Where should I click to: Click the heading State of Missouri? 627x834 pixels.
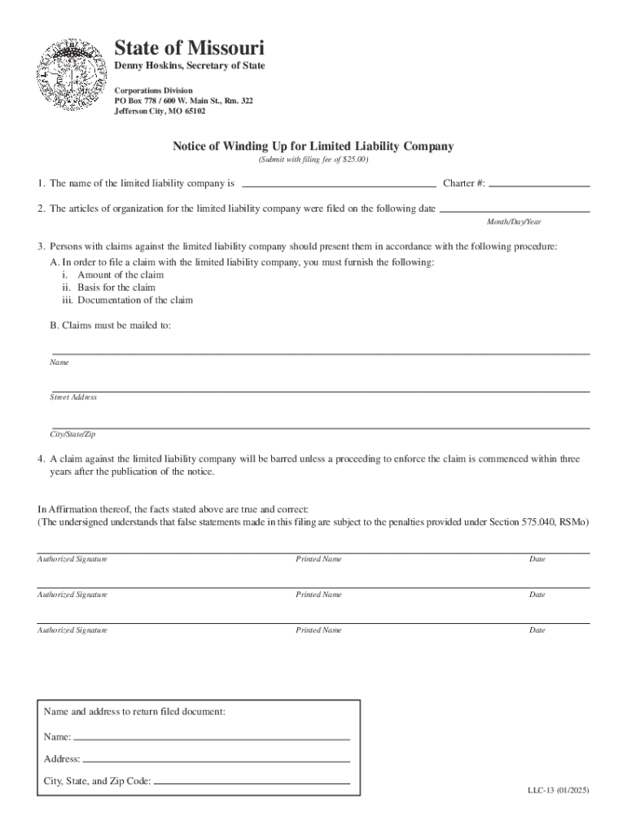point(189,47)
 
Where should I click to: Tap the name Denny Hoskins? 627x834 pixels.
point(145,65)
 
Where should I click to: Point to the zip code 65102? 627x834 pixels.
point(194,112)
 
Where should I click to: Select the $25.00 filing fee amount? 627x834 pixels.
point(355,160)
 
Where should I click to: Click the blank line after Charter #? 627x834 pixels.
point(539,184)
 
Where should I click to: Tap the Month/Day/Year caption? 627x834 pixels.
point(514,222)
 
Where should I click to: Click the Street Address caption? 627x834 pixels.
point(73,397)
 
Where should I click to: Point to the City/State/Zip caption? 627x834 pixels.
point(72,435)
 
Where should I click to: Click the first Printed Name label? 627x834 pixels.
point(318,560)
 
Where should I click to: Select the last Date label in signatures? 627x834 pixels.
point(537,630)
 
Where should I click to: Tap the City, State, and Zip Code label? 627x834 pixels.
point(97,781)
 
